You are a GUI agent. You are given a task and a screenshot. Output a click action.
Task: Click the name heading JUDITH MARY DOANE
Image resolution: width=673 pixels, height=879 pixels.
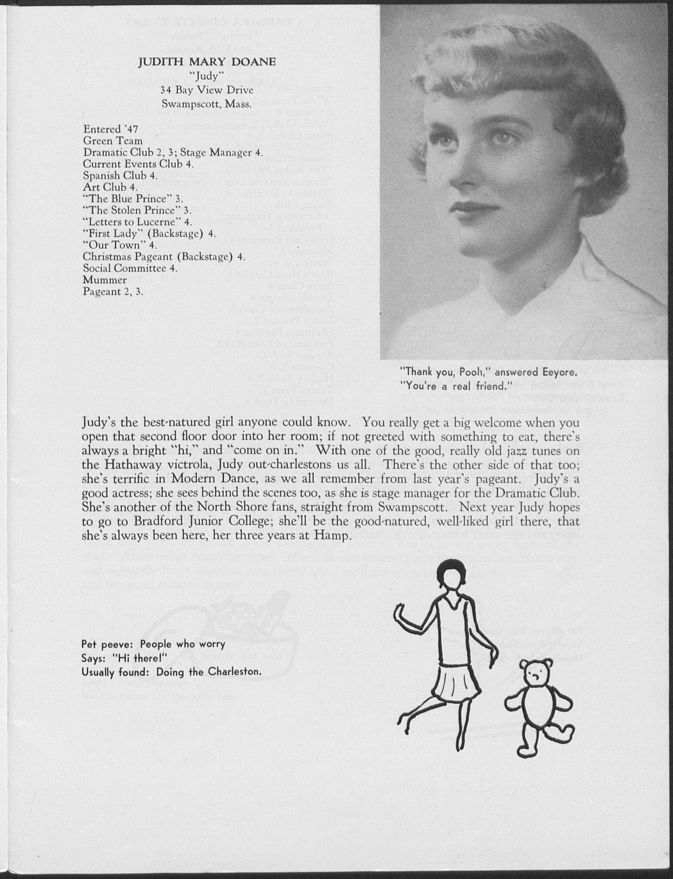(207, 62)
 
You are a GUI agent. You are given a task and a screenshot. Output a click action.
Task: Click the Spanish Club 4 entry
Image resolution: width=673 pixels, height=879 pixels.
(120, 175)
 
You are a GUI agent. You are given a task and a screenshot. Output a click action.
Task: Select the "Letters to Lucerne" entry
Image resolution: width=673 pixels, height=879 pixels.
(137, 222)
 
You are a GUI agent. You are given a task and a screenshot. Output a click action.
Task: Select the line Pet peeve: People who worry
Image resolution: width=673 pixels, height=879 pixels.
(153, 644)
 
